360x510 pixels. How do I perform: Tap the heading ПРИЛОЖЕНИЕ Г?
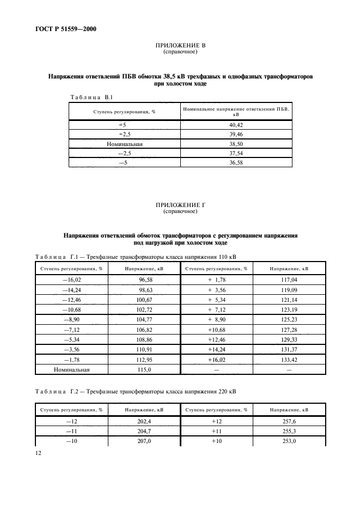180,204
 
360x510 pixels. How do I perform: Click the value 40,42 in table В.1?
235,125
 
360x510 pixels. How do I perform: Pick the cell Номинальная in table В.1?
124,144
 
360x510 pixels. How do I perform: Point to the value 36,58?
235,163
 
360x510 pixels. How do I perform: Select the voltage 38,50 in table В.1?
235,144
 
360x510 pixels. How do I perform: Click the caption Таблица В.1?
91,97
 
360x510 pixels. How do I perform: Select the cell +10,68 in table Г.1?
216,330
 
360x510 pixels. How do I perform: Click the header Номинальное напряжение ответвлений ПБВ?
235,111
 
